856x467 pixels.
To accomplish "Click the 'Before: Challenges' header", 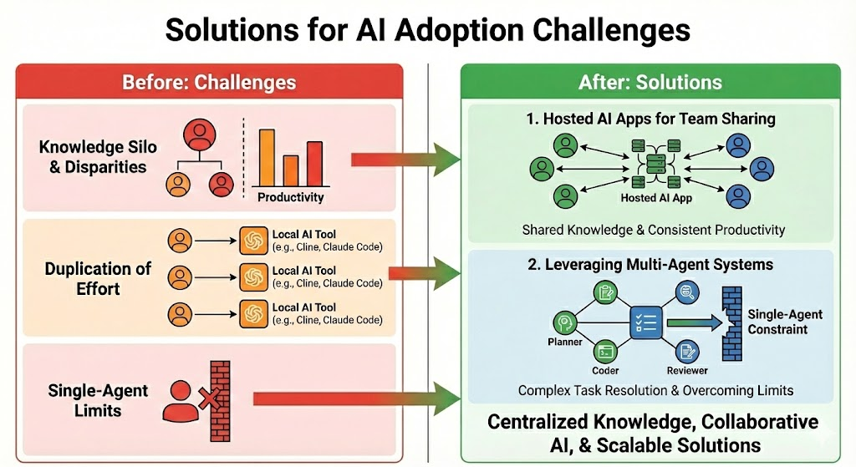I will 209,82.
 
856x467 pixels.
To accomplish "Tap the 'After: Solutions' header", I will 650,82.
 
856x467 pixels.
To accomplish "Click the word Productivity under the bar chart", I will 290,197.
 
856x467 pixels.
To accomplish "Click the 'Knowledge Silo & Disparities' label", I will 92,156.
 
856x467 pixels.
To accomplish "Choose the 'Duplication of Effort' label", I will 98,278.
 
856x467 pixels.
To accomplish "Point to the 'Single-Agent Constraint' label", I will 785,322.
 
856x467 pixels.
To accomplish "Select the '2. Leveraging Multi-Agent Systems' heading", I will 650,265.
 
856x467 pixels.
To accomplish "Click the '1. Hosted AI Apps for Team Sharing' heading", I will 650,119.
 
